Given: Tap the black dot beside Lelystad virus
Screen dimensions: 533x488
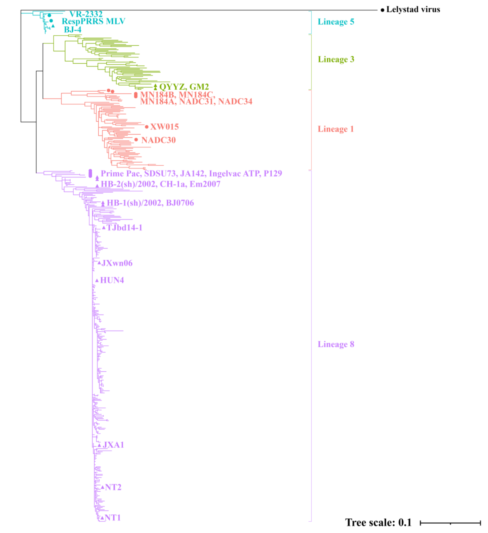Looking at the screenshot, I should tap(382, 10).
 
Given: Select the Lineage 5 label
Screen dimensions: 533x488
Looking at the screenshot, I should tap(336, 22).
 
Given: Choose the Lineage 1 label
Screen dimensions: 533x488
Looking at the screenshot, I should tap(335, 129).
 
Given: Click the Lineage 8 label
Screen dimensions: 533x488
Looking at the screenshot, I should tap(336, 344).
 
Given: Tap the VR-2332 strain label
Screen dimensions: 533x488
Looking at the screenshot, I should tap(86, 14).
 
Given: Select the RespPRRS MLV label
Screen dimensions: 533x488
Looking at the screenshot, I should tap(94, 21).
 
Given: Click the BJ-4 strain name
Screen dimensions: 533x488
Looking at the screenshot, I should tap(73, 30).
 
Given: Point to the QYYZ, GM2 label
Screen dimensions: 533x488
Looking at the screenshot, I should tap(184, 87).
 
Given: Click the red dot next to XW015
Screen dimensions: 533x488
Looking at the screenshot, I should tap(147, 127).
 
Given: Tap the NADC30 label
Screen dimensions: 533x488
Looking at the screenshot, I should tap(158, 140).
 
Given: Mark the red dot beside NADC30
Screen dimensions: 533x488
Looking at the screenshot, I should tap(136, 140).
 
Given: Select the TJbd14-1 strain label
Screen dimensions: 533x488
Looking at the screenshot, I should tap(124, 228).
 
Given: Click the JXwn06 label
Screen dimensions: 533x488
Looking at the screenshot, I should tap(117, 263).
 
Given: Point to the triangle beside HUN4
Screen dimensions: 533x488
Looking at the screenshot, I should tap(97, 281).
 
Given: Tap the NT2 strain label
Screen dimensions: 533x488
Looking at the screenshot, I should tap(113, 487).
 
